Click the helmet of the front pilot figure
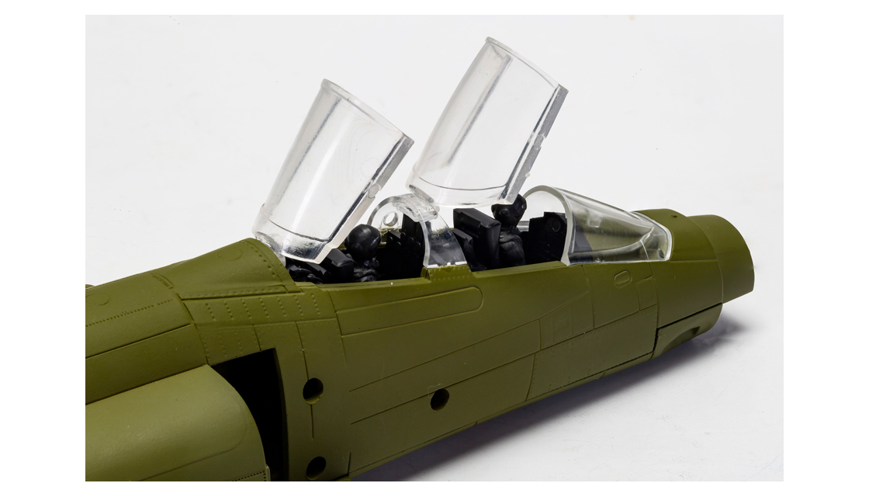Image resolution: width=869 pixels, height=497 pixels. click(509, 212)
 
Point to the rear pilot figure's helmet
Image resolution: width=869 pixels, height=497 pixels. click(362, 242)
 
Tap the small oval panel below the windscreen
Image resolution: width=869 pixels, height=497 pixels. click(622, 277)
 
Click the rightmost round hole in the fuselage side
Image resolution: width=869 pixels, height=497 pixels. click(439, 398)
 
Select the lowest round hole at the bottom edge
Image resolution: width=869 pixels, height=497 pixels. click(316, 466)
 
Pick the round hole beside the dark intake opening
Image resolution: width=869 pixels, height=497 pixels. click(313, 389)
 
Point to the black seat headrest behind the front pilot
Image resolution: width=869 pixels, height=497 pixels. click(476, 230)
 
